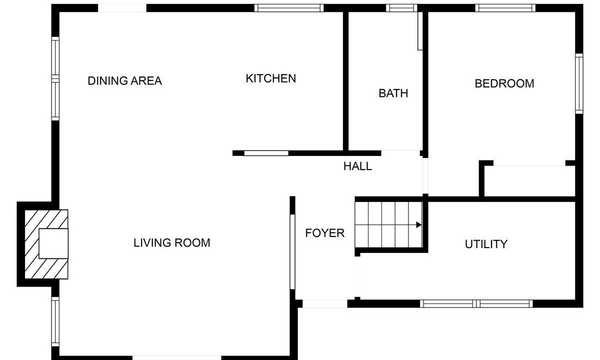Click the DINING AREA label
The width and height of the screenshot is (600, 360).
(x=125, y=81)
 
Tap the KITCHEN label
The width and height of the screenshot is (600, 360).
(x=271, y=78)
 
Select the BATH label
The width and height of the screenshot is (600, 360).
(x=393, y=93)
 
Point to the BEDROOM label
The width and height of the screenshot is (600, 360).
(x=504, y=83)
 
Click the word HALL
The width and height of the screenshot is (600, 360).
(x=357, y=166)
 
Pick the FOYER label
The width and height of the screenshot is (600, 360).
(x=325, y=233)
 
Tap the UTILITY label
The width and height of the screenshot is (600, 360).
(x=486, y=244)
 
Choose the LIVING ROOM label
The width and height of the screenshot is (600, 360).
(x=171, y=243)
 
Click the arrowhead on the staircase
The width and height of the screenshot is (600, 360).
(x=419, y=224)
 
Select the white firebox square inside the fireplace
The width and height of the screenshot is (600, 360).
(x=53, y=243)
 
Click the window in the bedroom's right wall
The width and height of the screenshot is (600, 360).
(x=579, y=84)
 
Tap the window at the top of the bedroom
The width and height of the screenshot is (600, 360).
(x=505, y=8)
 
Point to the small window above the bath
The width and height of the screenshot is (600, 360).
(x=401, y=8)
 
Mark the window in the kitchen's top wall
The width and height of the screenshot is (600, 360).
(x=289, y=8)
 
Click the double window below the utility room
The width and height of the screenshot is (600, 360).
(x=476, y=303)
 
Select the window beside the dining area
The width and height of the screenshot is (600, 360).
(x=55, y=79)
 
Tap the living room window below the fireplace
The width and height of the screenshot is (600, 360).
(x=55, y=321)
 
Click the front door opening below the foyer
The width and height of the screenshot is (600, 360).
(x=325, y=303)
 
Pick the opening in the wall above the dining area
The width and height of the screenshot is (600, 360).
(x=122, y=8)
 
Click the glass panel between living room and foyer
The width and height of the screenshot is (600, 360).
(x=292, y=252)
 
